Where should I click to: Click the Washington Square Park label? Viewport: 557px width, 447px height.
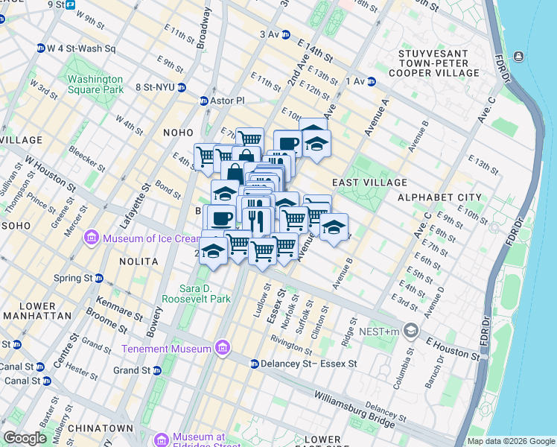(x=95, y=84)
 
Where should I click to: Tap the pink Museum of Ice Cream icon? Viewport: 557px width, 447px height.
(x=92, y=238)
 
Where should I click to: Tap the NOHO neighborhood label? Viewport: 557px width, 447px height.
(x=178, y=132)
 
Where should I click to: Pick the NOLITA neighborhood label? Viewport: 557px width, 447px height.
(x=138, y=261)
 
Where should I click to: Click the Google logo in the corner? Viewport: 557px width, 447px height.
(x=25, y=438)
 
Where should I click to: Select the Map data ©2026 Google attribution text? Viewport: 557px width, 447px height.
(x=510, y=441)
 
